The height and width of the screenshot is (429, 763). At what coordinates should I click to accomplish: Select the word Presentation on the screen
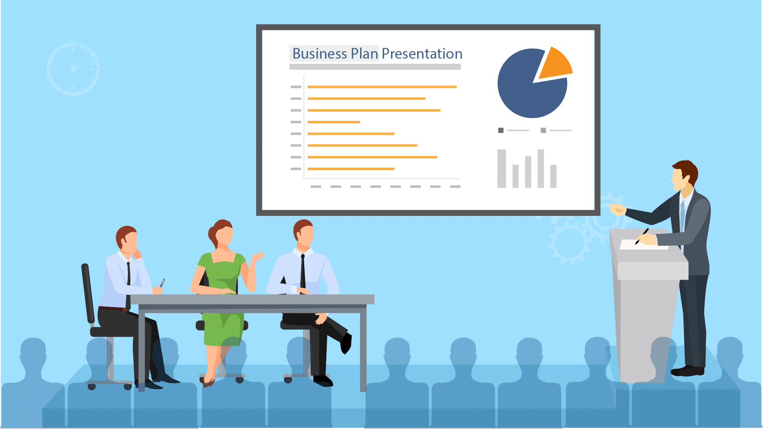(422, 53)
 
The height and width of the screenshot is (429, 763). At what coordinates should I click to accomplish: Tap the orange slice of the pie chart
(555, 64)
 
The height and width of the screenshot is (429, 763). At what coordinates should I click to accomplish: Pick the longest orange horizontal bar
(382, 87)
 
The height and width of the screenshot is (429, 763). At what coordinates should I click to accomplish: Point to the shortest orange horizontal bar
(334, 122)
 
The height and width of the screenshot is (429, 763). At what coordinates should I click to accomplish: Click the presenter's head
(684, 176)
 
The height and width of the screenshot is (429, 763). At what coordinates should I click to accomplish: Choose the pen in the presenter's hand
(642, 236)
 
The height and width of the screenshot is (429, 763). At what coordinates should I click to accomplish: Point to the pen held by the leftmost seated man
(162, 282)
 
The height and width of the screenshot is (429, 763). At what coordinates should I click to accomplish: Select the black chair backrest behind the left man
(88, 293)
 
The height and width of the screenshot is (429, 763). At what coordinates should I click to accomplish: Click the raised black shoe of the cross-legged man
(346, 343)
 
